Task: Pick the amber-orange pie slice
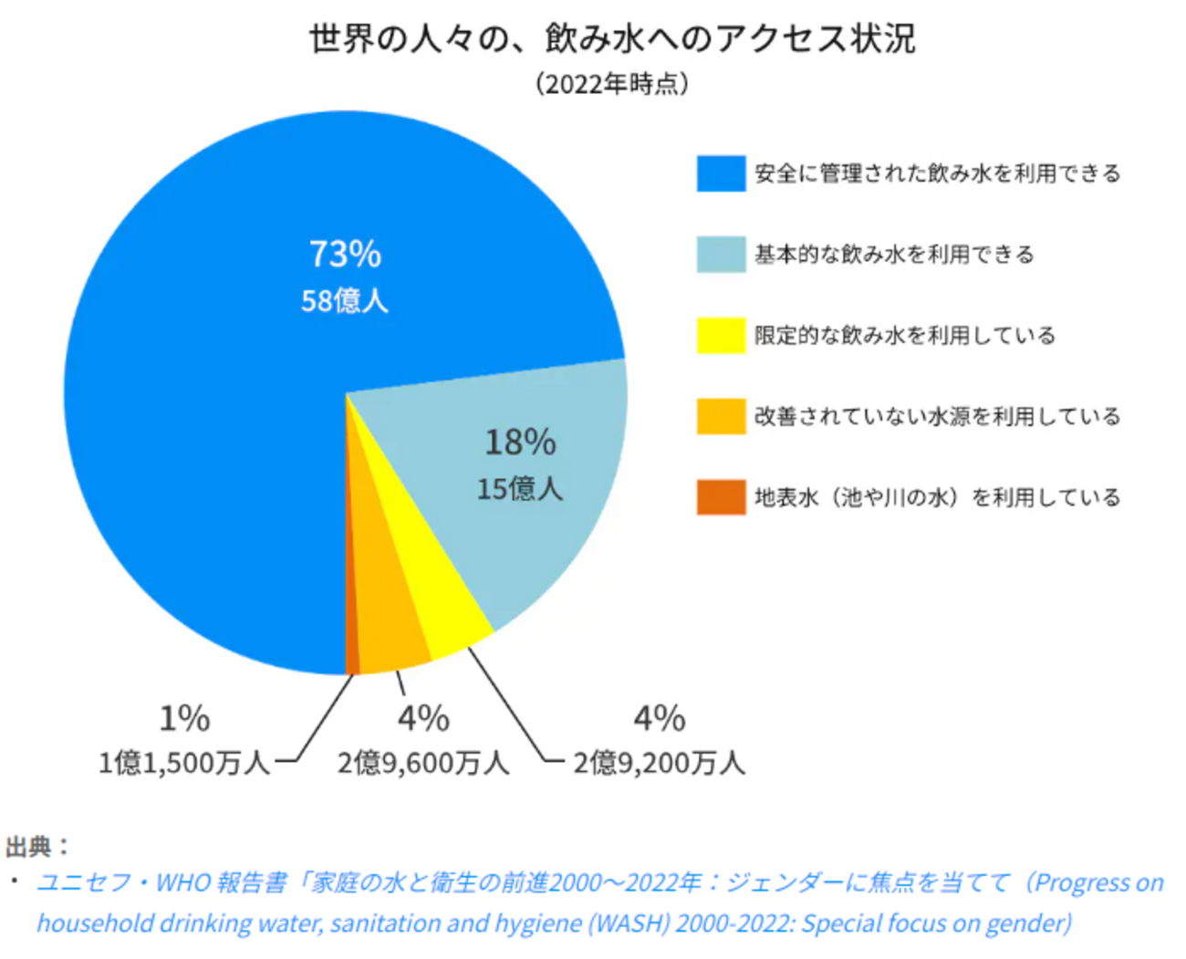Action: (x=388, y=620)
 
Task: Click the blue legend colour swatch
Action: (x=721, y=173)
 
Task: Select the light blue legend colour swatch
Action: (x=721, y=255)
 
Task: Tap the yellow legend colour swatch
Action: (x=721, y=336)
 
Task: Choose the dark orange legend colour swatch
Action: (x=721, y=497)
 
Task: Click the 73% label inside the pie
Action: (x=345, y=255)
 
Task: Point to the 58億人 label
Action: (x=345, y=301)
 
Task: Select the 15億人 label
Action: (x=520, y=489)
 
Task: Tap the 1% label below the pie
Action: (x=184, y=719)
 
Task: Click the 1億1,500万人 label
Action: (x=184, y=763)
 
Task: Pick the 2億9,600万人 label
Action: (x=423, y=763)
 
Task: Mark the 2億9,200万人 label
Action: (x=659, y=763)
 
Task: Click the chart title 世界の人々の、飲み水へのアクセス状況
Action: (x=612, y=39)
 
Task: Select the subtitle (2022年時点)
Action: (x=612, y=84)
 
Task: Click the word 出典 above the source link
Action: (x=30, y=847)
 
